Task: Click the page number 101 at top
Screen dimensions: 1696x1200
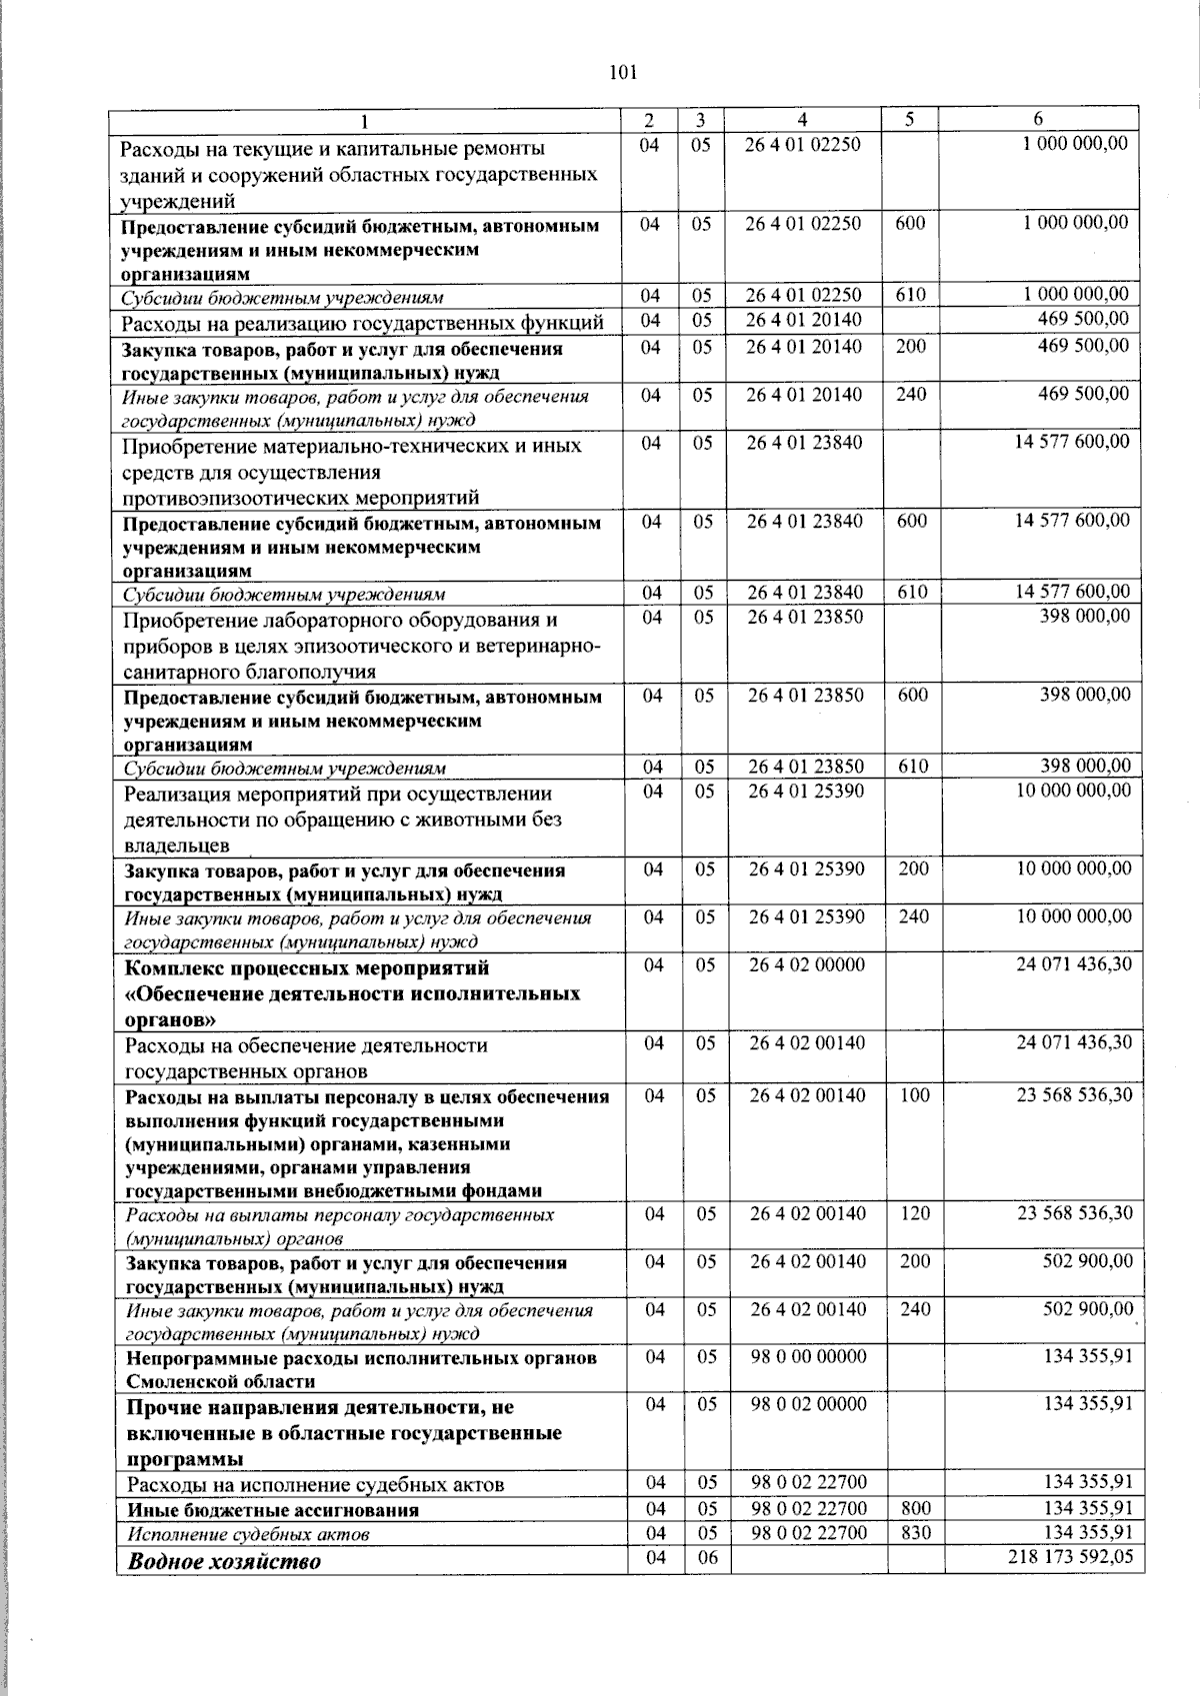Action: [621, 72]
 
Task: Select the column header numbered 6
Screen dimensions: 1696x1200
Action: [1038, 119]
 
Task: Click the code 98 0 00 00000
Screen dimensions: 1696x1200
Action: [809, 1356]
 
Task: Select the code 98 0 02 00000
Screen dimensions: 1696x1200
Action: [809, 1403]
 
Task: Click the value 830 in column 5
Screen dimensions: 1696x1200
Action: [914, 1532]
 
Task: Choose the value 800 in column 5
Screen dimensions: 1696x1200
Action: [914, 1508]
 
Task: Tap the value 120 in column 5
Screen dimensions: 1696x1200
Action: [914, 1213]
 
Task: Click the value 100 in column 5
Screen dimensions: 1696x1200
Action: [914, 1094]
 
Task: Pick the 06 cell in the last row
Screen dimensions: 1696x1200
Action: [707, 1557]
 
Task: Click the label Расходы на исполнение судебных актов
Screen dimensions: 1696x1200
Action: [315, 1484]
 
